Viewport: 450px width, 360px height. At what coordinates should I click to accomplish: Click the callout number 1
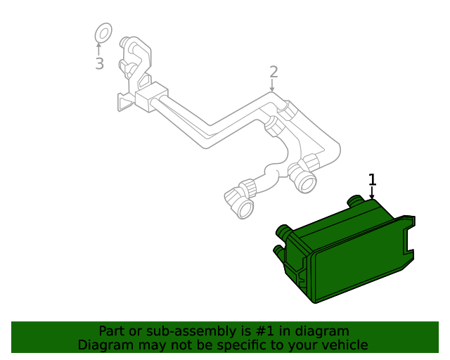(x=372, y=180)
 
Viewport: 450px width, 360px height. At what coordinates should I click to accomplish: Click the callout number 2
(x=274, y=72)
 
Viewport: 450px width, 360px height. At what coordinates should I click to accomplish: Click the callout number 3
(x=99, y=64)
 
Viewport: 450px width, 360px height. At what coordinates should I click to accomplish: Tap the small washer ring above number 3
(x=103, y=32)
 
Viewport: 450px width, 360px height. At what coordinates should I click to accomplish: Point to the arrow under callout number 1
(x=372, y=193)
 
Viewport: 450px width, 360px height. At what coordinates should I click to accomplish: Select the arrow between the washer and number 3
(x=99, y=49)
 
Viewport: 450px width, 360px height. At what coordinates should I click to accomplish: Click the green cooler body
(x=352, y=260)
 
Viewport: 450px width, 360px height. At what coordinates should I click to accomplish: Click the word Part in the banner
(x=112, y=330)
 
